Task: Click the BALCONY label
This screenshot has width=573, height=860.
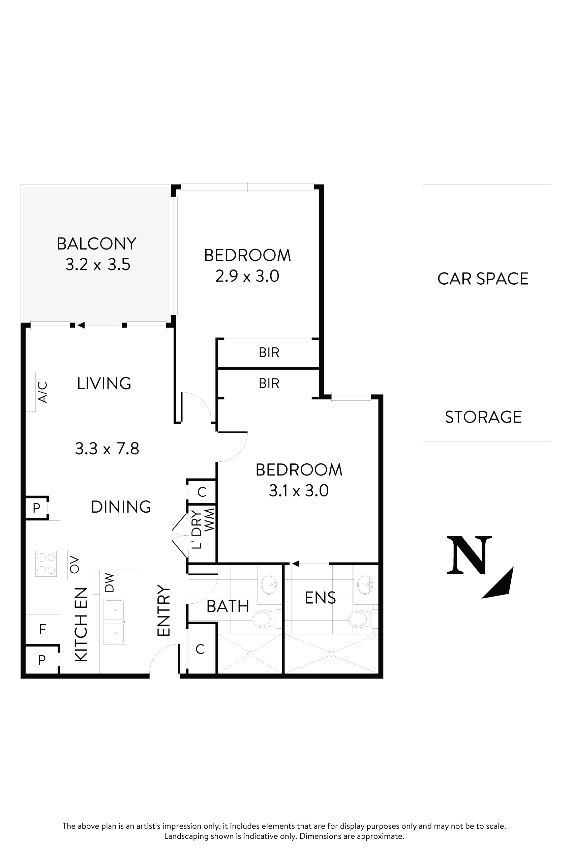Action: click(96, 243)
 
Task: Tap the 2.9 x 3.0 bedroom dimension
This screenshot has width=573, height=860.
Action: click(247, 276)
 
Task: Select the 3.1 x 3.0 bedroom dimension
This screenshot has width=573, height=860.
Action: click(299, 491)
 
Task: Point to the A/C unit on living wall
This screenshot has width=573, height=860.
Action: click(31, 392)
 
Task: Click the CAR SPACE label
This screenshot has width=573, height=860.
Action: click(483, 279)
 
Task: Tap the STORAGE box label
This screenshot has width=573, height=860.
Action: click(483, 417)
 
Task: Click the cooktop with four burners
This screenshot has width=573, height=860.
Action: click(46, 564)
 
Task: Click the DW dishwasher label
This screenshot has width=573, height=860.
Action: click(109, 582)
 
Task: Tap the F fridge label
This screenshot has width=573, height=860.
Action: click(42, 629)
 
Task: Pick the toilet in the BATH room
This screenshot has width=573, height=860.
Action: click(262, 619)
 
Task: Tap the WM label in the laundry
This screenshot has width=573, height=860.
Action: click(209, 520)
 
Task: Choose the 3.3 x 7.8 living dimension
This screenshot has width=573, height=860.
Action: click(107, 449)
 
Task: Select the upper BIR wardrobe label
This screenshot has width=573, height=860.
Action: click(269, 352)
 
